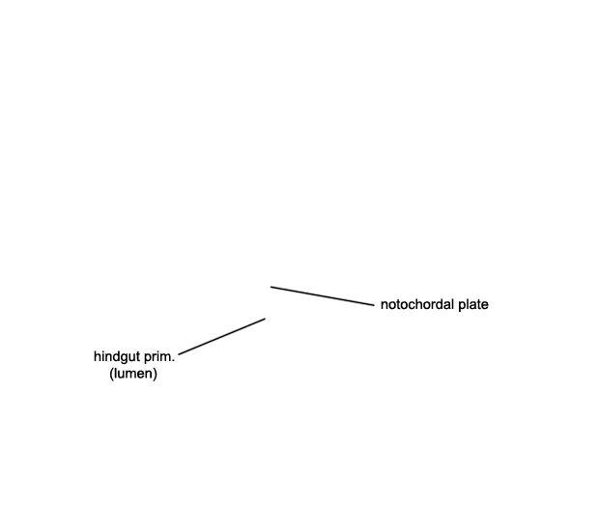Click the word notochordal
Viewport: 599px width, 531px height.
(x=417, y=305)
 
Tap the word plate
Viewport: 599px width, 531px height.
(x=473, y=305)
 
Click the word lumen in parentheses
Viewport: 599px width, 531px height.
(x=133, y=374)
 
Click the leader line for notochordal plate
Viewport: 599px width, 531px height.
(x=323, y=296)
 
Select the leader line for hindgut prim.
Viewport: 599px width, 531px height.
(x=222, y=336)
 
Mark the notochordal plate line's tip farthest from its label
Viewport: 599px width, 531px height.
(x=271, y=287)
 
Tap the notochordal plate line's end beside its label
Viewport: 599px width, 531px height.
(x=375, y=305)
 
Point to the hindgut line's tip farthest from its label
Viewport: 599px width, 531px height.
(x=265, y=319)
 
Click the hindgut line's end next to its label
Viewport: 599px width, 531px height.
(x=179, y=354)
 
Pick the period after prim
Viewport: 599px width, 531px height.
(x=174, y=361)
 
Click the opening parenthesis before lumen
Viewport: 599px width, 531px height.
(x=111, y=374)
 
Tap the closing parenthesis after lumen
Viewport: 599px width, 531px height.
(x=156, y=374)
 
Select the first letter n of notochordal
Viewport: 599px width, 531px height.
(x=385, y=306)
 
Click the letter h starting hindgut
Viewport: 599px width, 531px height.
(x=97, y=356)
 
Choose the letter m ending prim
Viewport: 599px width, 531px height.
(x=166, y=358)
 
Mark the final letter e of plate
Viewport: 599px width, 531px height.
(x=485, y=306)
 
